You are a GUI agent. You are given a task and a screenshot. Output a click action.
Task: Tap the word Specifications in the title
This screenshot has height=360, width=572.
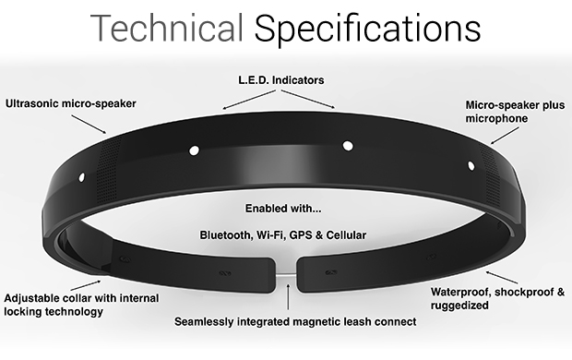point(368,30)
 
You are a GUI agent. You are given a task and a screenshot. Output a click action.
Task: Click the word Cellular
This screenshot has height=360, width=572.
point(343,235)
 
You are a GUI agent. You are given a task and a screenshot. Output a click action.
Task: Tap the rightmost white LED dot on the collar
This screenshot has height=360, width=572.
point(471,166)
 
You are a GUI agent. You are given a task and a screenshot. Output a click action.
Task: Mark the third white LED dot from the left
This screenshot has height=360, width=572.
point(348,144)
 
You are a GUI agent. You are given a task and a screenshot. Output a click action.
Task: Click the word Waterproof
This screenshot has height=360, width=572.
point(467,293)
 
